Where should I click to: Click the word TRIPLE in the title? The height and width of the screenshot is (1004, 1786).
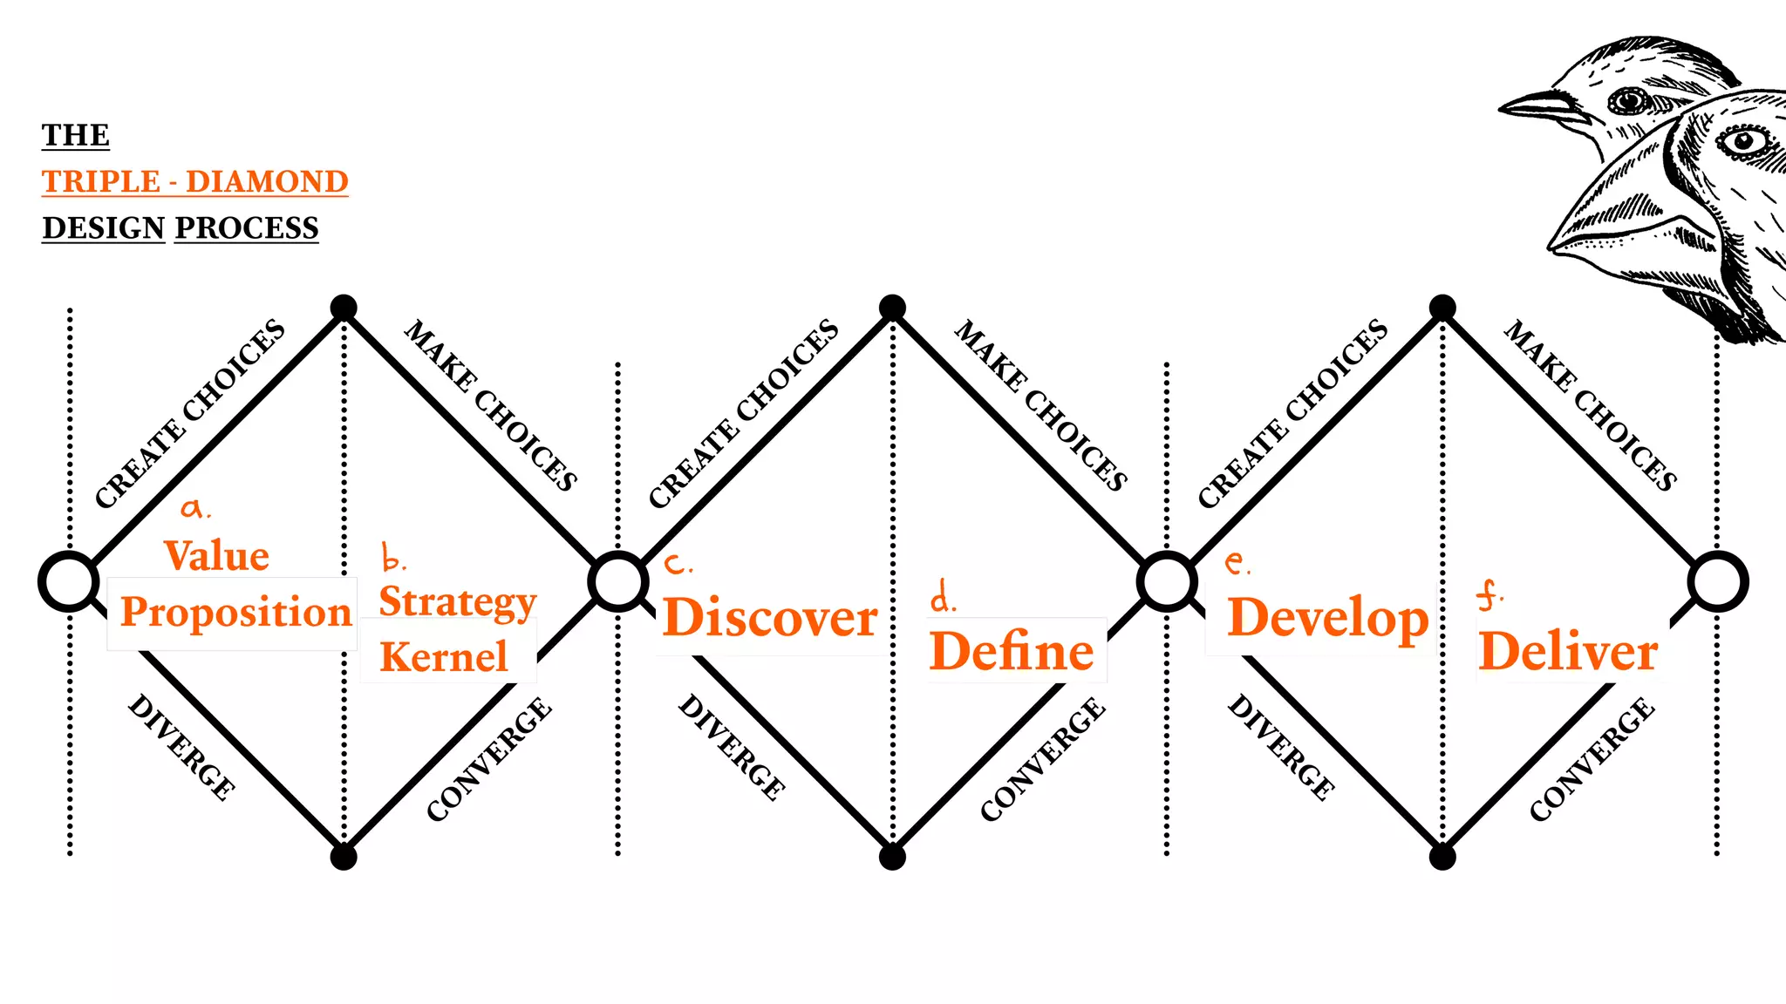coord(101,181)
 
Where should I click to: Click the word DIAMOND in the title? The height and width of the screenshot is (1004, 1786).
coord(267,181)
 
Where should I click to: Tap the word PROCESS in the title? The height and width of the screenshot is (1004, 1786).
coord(247,227)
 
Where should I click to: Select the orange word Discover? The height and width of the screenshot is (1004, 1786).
coord(770,618)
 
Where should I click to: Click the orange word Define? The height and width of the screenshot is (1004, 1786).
coord(1012,651)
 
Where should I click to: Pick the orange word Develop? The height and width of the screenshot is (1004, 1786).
coord(1327,618)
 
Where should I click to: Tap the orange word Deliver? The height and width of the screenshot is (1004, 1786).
coord(1568,651)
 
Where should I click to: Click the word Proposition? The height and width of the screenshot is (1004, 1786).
coord(235,612)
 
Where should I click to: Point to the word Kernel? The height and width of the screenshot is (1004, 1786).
coord(444,656)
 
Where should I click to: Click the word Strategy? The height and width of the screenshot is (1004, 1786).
coord(458,602)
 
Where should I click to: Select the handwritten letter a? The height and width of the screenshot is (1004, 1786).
coord(193,507)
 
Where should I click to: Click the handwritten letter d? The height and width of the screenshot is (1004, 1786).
coord(941,597)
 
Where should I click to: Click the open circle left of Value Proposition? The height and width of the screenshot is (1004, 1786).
coord(69,581)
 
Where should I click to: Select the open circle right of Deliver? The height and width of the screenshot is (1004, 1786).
coord(1717,581)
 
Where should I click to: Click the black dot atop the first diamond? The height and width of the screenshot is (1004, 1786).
coord(344,308)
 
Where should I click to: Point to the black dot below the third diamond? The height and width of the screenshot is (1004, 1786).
coord(1442,858)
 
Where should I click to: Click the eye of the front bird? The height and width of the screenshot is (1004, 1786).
coord(1743,140)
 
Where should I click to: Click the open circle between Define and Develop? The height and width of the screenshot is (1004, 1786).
coord(1167,581)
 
